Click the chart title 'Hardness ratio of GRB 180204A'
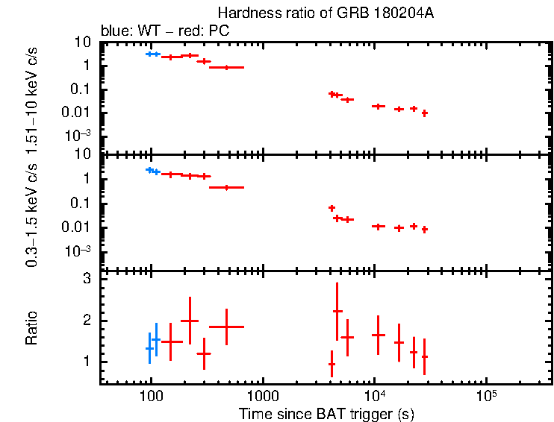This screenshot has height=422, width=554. [326, 13]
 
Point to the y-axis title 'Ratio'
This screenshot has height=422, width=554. [31, 328]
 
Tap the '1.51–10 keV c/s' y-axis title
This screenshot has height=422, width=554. [31, 96]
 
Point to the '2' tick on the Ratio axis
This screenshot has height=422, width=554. [87, 321]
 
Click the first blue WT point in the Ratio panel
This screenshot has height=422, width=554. [149, 348]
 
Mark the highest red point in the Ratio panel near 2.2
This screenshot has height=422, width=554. [337, 311]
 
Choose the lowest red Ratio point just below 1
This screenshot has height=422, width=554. [332, 364]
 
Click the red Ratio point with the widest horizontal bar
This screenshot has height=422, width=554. [226, 327]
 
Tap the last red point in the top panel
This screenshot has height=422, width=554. [424, 113]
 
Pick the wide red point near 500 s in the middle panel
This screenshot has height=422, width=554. [226, 187]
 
